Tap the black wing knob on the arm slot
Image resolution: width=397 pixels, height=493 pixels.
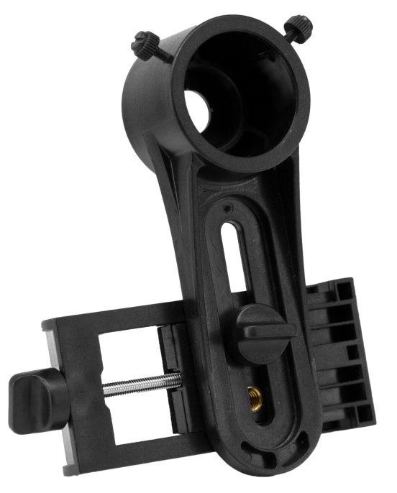click(263, 332)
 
